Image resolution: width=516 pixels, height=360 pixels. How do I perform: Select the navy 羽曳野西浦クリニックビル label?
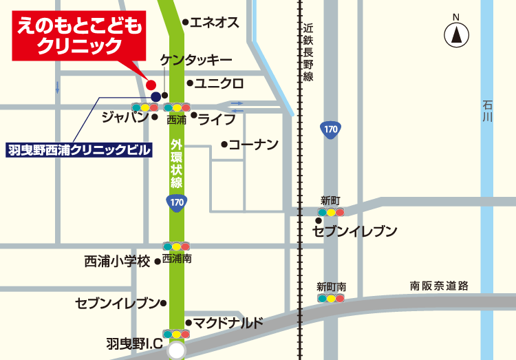(x=78, y=149)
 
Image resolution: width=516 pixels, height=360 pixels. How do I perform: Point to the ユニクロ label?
(x=219, y=83)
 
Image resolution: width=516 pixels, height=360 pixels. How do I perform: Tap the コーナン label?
(x=252, y=145)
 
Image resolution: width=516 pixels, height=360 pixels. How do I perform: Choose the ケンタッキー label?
(x=196, y=61)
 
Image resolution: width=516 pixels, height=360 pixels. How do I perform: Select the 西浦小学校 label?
(x=117, y=262)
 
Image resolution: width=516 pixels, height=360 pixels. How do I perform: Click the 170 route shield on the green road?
(x=176, y=202)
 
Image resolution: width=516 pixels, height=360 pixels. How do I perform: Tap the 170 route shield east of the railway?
(x=331, y=129)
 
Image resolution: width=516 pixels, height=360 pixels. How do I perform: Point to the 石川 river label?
(x=488, y=112)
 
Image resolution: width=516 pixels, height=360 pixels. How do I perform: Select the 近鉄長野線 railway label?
(x=308, y=52)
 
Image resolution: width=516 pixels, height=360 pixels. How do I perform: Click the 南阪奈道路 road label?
(x=439, y=286)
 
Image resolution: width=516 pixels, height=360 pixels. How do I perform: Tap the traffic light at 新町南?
(x=331, y=299)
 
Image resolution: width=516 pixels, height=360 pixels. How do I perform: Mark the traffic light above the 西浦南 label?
(x=176, y=246)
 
